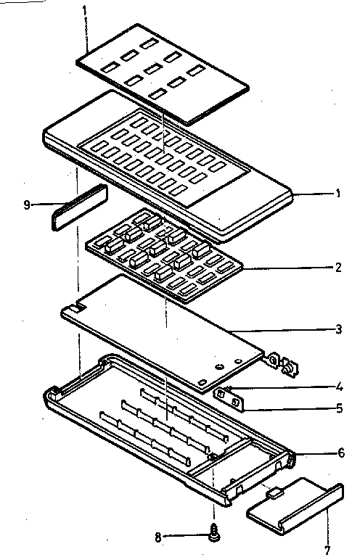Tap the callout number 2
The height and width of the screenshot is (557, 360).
click(337, 268)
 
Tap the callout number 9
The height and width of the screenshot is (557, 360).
click(28, 205)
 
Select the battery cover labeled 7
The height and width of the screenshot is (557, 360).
click(294, 504)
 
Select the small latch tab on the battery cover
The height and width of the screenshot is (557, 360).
click(274, 493)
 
